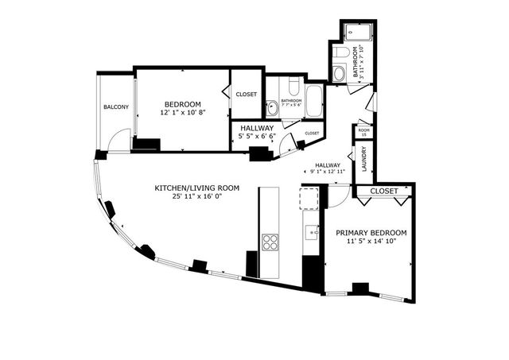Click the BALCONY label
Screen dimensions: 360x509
pos(115,106)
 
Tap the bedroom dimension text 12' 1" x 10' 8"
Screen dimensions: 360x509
pos(182,113)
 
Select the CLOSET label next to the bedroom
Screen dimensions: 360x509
pos(247,94)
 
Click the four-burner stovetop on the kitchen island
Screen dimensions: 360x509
pos(270,241)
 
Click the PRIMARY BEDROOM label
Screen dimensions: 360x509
pos(371,233)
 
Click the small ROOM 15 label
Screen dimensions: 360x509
pos(364,132)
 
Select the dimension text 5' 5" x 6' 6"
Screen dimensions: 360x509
pos(256,137)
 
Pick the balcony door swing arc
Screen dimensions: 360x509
pos(118,143)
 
